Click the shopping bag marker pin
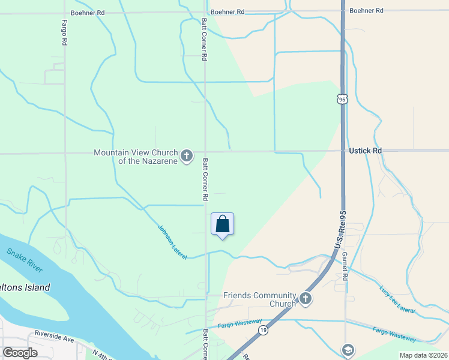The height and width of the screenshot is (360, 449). pos(222,224)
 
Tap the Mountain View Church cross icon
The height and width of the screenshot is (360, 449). pos(187,157)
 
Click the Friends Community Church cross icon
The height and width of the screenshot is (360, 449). pos(306,299)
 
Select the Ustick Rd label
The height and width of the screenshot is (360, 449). pos(365,151)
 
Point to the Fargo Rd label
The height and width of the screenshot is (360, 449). pos(64,33)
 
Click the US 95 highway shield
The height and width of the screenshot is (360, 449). pos(342,99)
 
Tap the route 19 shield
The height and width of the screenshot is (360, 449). pos(263,330)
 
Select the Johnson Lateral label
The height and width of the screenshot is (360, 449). pos(172,242)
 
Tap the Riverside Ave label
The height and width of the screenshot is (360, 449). pos(54,335)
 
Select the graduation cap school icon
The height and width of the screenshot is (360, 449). pos(348,350)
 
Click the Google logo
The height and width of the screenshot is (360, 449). pos(20,353)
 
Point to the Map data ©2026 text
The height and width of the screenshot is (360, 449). pos(423,355)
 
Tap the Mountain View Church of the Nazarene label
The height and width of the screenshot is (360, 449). pos(136,157)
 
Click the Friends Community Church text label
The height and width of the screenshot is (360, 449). pos(260,299)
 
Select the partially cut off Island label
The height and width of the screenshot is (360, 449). pos(25,287)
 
